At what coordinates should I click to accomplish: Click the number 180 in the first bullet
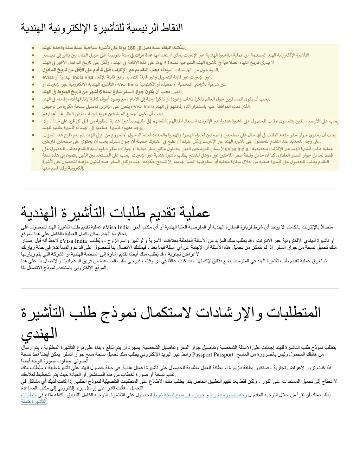click(x=131, y=47)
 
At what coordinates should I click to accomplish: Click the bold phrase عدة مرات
click(x=136, y=55)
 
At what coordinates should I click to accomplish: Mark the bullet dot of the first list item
click(x=33, y=47)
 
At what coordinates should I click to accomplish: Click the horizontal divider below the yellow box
click(x=180, y=189)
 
